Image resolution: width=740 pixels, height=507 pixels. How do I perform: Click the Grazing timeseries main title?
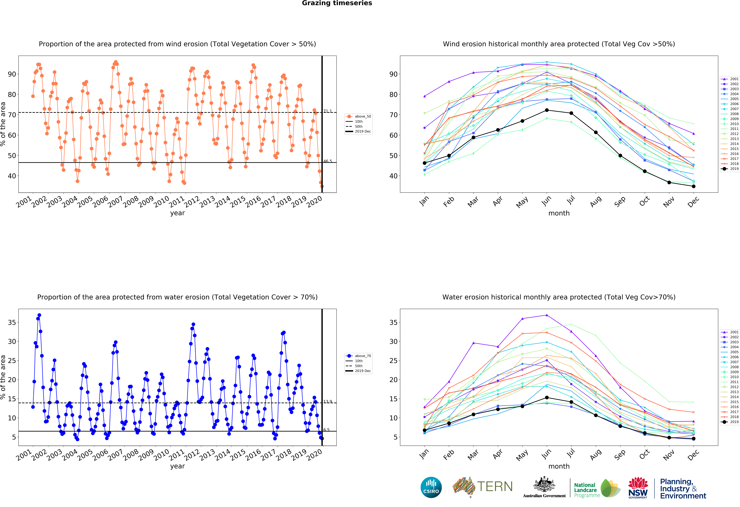tap(337, 3)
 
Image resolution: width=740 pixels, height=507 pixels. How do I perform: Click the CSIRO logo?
tap(431, 487)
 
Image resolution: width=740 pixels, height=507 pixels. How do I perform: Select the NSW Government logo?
tap(638, 487)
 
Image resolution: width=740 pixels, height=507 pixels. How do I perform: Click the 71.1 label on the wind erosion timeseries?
tap(328, 111)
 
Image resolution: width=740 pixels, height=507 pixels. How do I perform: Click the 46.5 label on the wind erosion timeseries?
tap(328, 161)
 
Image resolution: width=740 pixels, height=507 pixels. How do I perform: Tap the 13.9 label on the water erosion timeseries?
tap(328, 402)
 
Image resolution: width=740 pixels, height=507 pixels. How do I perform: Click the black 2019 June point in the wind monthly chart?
tap(547, 110)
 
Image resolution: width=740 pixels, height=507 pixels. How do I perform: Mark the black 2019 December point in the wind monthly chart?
tap(693, 186)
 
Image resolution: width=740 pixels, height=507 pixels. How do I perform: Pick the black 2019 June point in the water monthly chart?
tap(547, 397)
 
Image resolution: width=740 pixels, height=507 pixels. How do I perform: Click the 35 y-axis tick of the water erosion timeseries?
tap(12, 322)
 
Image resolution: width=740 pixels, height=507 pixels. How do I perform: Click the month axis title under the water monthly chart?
tap(559, 466)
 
